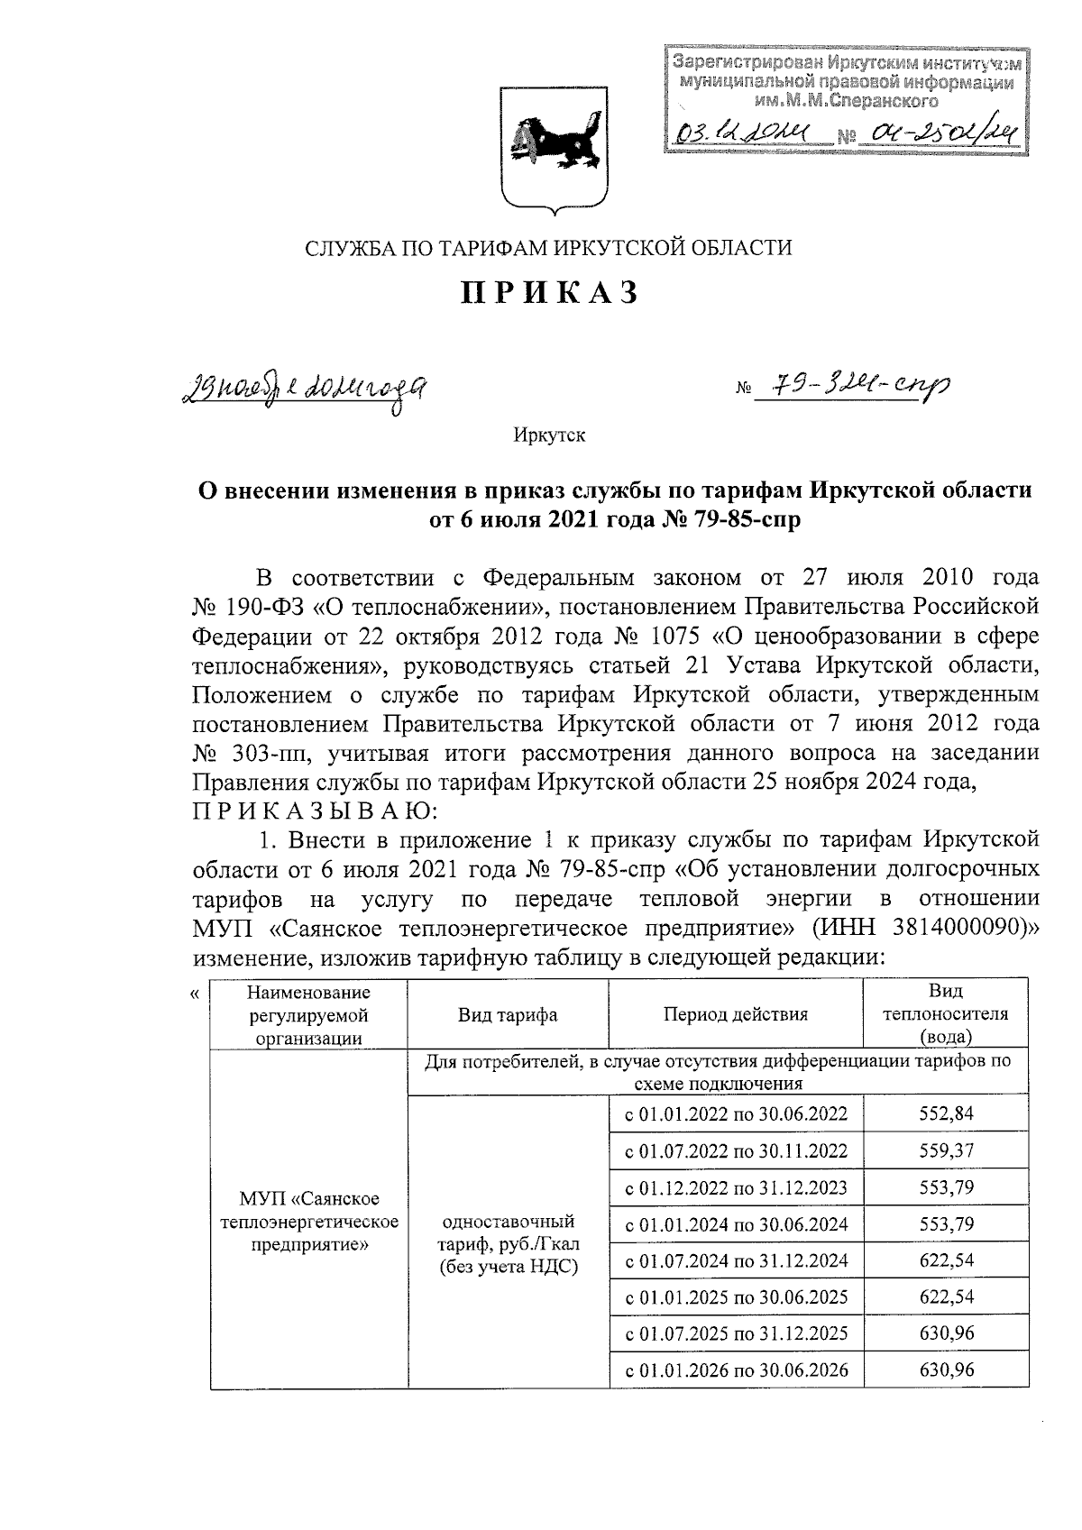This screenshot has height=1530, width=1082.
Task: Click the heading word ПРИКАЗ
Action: click(x=551, y=294)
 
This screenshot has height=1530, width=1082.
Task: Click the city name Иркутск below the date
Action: click(x=550, y=435)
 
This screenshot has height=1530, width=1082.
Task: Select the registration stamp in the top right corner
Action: click(x=846, y=101)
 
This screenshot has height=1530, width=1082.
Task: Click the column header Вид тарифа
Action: click(x=508, y=1014)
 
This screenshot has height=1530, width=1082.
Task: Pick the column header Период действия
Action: click(x=736, y=1014)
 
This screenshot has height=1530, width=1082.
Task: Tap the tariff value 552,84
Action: click(x=946, y=1113)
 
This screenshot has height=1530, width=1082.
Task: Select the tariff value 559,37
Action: click(x=946, y=1150)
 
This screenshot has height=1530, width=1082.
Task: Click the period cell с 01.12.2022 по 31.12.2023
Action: click(x=736, y=1187)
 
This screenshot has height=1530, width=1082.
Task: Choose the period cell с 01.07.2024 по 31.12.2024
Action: click(x=736, y=1260)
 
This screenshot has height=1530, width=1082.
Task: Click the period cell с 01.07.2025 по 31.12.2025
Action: click(x=736, y=1333)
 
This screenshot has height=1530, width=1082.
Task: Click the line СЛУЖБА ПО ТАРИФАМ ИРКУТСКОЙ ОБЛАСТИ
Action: click(x=549, y=247)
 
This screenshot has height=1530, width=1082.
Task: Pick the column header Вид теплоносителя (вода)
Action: click(x=946, y=1013)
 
